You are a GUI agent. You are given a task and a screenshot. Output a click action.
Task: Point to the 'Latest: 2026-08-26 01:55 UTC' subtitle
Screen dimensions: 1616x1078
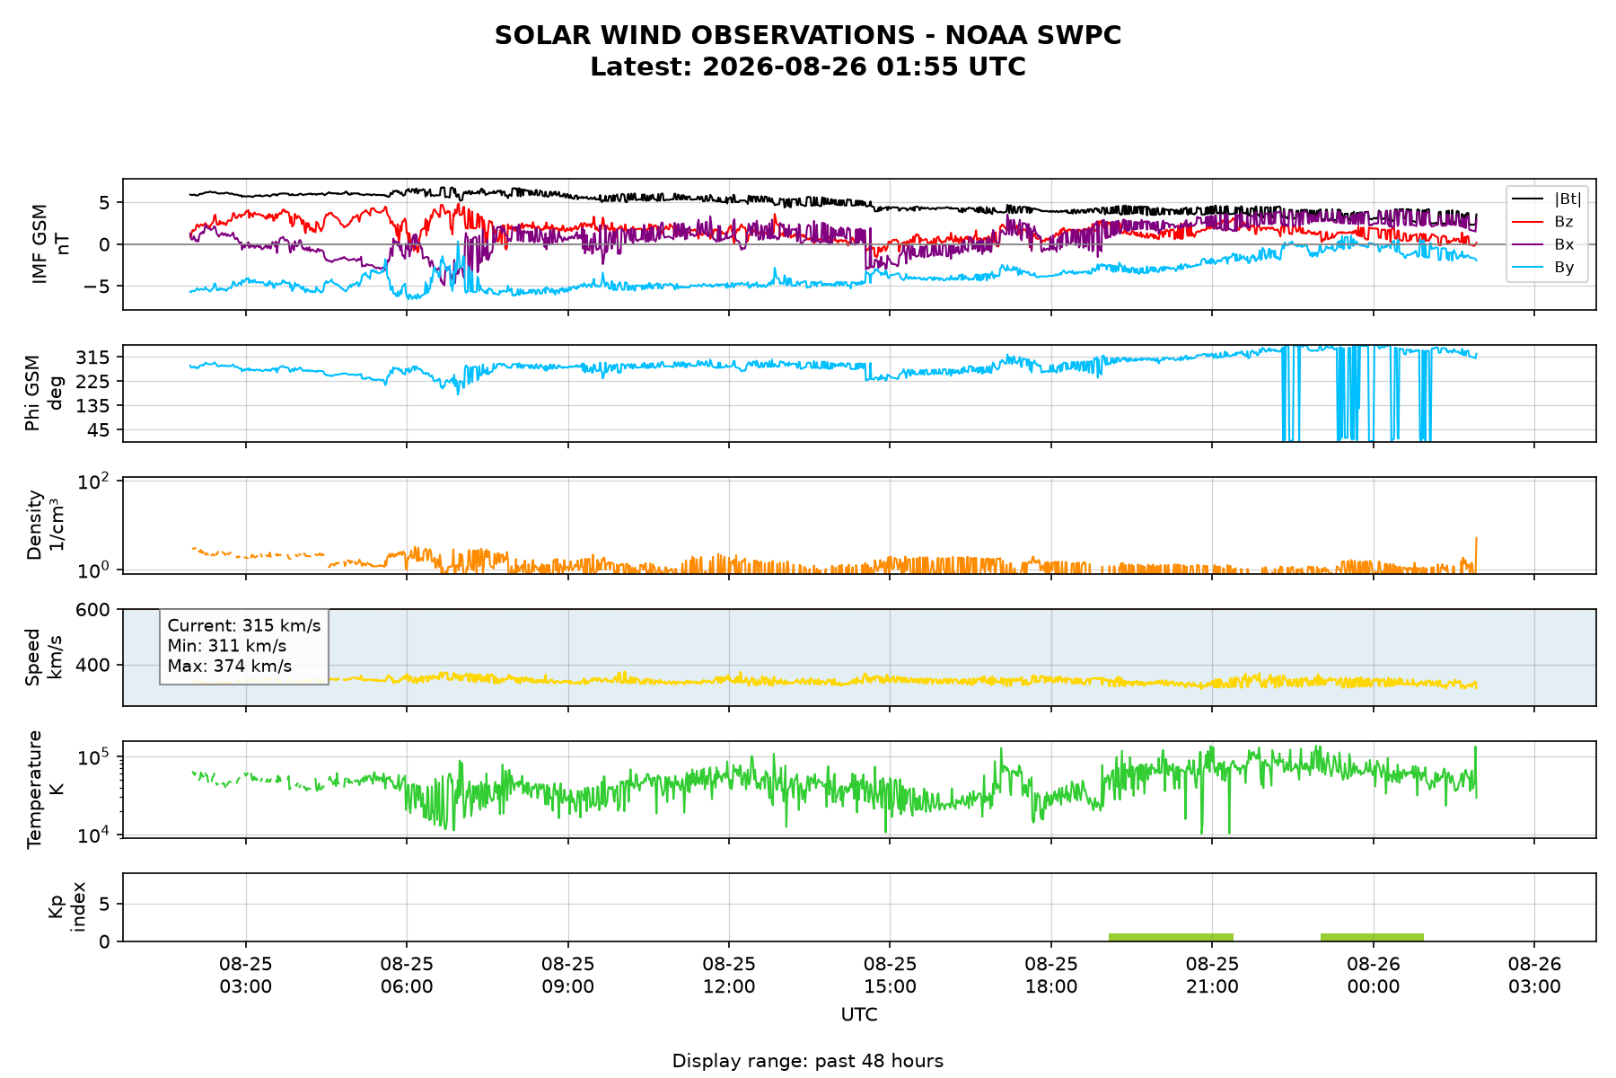(808, 67)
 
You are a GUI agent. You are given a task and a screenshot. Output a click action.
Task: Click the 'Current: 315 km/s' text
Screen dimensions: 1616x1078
(244, 625)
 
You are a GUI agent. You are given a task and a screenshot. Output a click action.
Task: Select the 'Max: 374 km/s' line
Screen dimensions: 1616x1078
(230, 666)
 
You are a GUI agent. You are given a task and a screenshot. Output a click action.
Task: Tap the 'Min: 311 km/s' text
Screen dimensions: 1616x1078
(227, 646)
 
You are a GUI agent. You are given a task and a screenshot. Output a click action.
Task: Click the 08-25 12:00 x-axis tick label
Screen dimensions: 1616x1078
(729, 975)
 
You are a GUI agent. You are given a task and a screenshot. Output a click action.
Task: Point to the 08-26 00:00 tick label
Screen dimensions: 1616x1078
(1374, 975)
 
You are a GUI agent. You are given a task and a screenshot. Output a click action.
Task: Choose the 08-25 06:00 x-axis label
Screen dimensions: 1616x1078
(407, 975)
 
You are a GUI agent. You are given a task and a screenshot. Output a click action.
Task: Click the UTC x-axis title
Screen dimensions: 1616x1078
(859, 1015)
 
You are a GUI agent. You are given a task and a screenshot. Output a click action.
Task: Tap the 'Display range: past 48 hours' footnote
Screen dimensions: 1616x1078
(808, 1061)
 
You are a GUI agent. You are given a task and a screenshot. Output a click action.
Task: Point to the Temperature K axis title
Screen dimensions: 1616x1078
(46, 789)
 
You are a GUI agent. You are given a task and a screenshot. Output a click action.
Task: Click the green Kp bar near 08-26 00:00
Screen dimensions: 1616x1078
(1372, 937)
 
